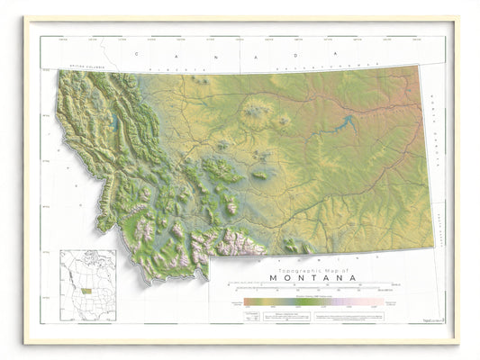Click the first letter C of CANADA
[x=135, y=54]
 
